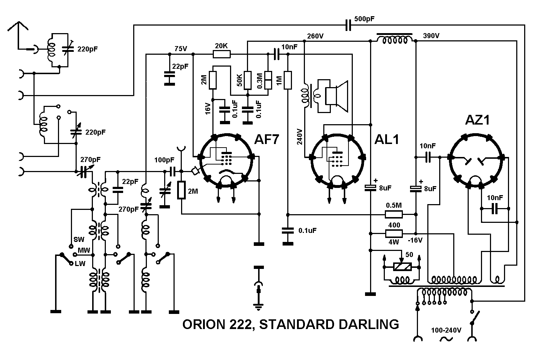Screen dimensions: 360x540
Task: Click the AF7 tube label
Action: pos(266,139)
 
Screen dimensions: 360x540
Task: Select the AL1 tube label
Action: pos(387,139)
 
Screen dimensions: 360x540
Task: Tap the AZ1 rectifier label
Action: pos(477,120)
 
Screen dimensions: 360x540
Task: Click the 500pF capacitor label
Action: pos(364,19)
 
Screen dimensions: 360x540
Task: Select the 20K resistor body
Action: pos(221,54)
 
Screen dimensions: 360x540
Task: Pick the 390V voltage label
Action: pos(431,36)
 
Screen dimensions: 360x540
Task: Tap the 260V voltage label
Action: pos(315,36)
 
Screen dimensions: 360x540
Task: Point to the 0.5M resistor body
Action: pos(394,215)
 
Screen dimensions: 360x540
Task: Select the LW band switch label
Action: pos(80,264)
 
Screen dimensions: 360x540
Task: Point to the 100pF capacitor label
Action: pos(164,160)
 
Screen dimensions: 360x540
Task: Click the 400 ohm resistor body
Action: pos(394,233)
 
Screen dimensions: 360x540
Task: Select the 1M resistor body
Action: pos(287,80)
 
